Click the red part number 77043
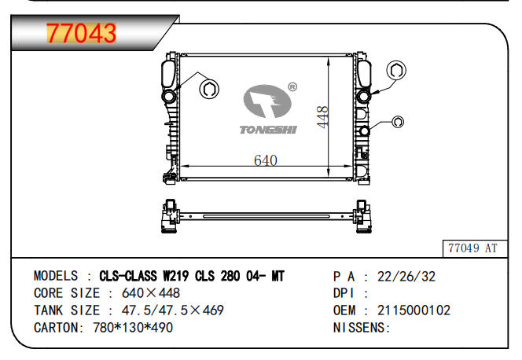point(81,33)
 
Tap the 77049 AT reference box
point(475,248)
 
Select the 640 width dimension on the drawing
point(266,160)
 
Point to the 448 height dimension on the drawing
point(322,117)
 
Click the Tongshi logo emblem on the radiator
point(267,101)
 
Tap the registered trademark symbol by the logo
point(292,87)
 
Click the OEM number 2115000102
point(414,310)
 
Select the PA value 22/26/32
point(406,277)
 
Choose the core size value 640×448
point(150,293)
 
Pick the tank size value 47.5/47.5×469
point(172,310)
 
